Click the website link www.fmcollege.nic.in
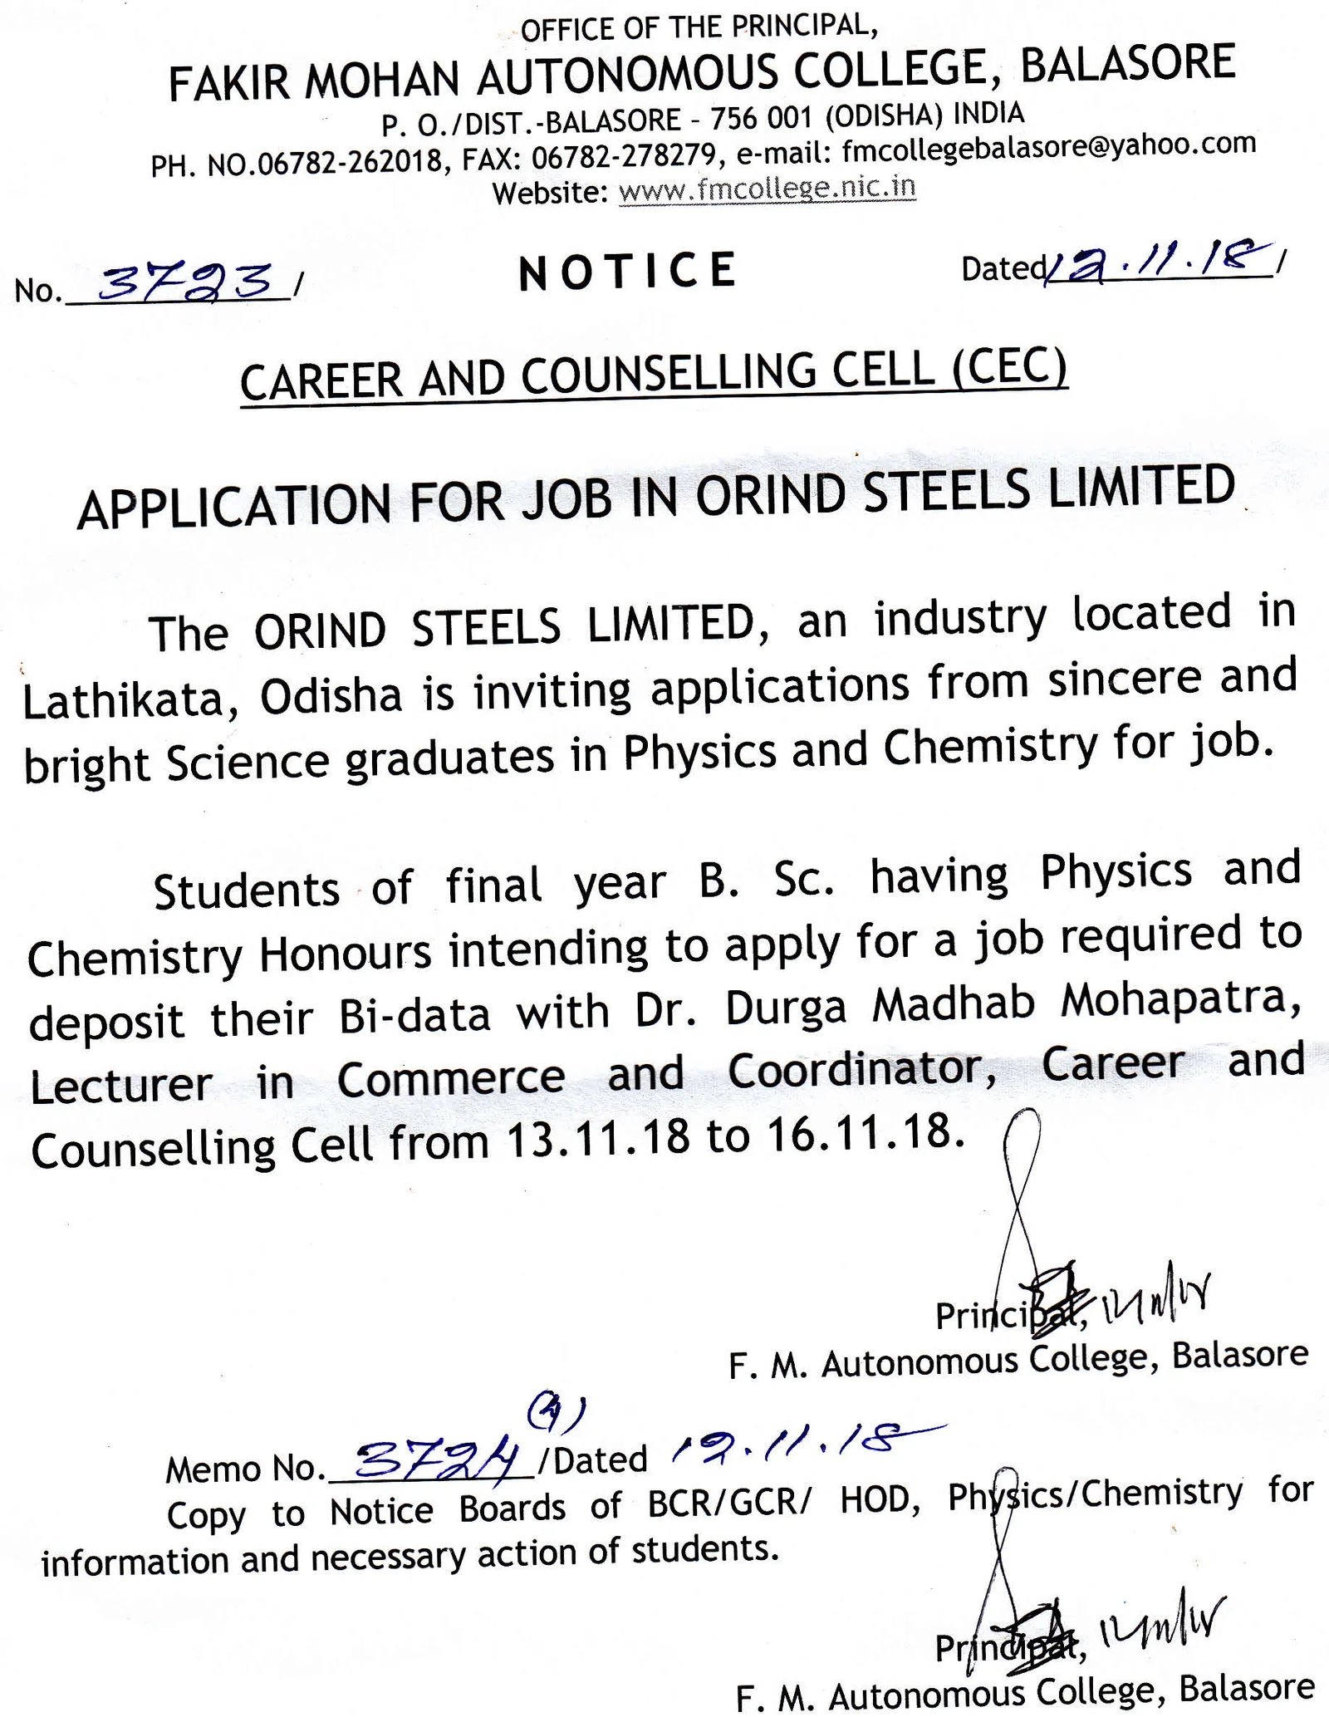pos(767,189)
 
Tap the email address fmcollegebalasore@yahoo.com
pos(1048,146)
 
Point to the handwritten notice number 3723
pos(184,282)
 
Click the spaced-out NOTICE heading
pos(628,272)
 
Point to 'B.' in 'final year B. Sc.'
pos(718,881)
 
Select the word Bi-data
pos(414,1016)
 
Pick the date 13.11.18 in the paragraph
pos(598,1137)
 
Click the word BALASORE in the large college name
pos(1127,64)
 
